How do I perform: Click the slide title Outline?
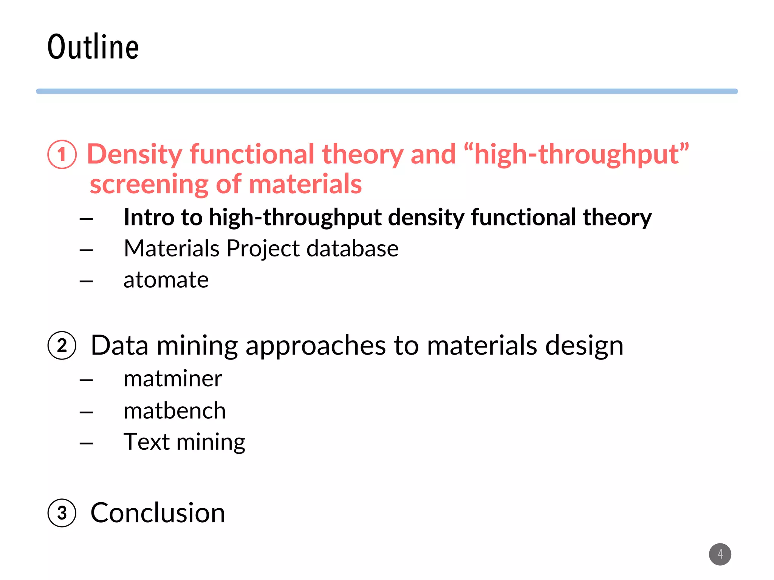[93, 47]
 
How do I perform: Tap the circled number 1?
[62, 154]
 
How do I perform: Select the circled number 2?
[62, 346]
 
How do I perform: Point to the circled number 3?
[62, 513]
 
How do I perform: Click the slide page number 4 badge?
[720, 554]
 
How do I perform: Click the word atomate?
[166, 280]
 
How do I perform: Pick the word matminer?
[173, 379]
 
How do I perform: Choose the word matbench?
[175, 411]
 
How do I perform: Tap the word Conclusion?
[158, 513]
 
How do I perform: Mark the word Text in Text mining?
[146, 441]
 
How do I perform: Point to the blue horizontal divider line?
[387, 91]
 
